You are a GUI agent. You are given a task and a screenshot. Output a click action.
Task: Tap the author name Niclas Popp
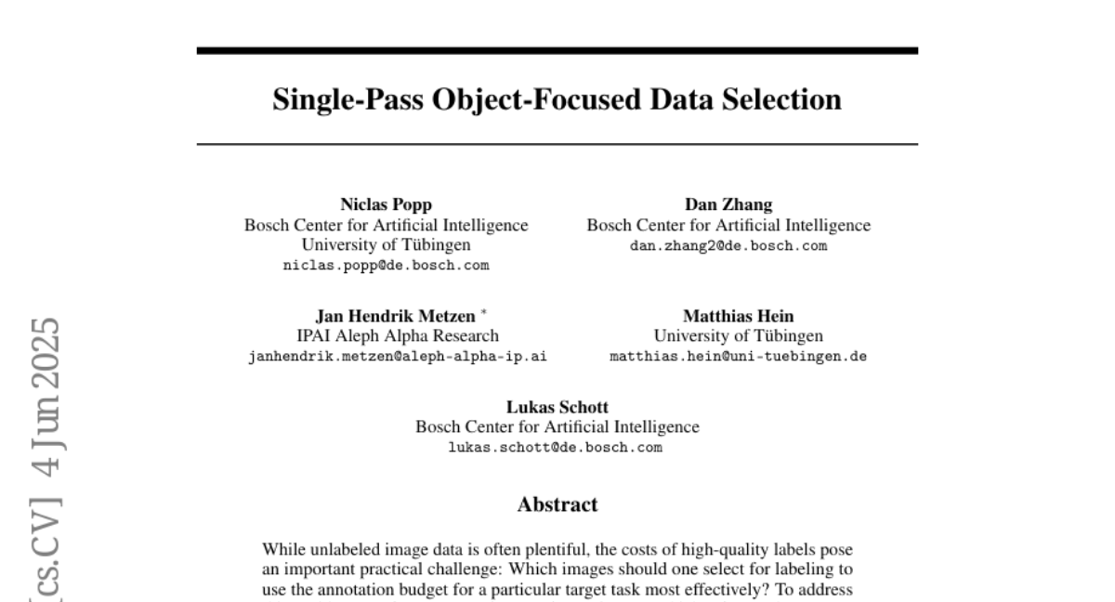point(386,205)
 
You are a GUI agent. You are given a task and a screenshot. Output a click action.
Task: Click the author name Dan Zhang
point(728,205)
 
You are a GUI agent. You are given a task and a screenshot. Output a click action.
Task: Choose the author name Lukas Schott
point(557,407)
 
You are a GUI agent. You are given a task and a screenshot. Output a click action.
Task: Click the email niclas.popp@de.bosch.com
point(386,265)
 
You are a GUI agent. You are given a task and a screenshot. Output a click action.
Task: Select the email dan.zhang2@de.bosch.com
point(728,245)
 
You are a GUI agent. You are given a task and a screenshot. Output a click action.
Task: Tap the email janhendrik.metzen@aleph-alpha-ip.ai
point(398,356)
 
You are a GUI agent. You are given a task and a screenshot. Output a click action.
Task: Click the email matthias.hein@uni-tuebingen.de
point(738,356)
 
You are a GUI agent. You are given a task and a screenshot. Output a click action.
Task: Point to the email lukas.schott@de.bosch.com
point(557,447)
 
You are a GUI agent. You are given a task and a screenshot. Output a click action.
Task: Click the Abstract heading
point(557,504)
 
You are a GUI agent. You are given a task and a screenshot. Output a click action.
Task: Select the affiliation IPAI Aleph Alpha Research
point(397,335)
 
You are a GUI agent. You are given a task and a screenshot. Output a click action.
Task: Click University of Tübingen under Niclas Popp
point(386,245)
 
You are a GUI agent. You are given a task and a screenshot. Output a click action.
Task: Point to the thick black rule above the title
point(557,50)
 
